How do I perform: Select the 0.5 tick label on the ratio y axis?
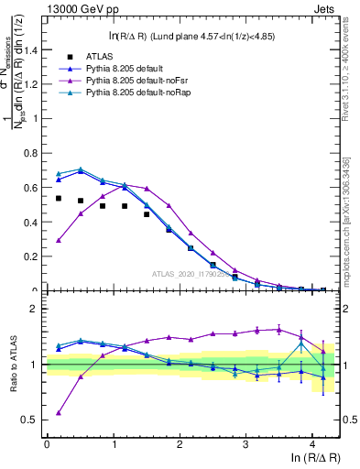(x=33, y=420)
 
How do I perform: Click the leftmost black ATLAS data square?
(x=58, y=198)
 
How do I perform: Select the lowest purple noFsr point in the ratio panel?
(x=58, y=412)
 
